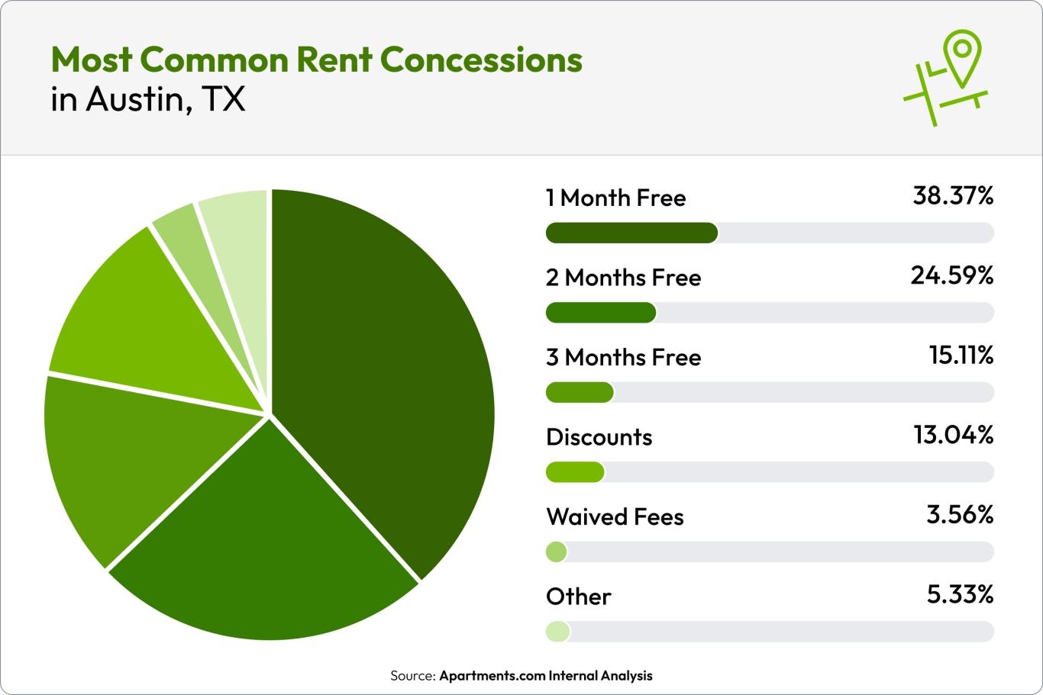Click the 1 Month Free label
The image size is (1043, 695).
pyautogui.click(x=615, y=198)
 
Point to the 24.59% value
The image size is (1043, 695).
pyautogui.click(x=951, y=275)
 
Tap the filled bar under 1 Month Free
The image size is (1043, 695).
pyautogui.click(x=631, y=233)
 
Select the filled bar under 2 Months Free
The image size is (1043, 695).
pyautogui.click(x=601, y=313)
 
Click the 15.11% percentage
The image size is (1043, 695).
pyautogui.click(x=961, y=355)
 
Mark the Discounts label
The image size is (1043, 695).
pyautogui.click(x=599, y=437)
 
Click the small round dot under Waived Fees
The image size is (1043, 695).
pyautogui.click(x=557, y=552)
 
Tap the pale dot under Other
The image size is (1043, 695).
pyautogui.click(x=557, y=632)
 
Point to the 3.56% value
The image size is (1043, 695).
pyautogui.click(x=960, y=515)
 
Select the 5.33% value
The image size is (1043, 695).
pyautogui.click(x=960, y=594)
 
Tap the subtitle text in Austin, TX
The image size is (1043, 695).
pyautogui.click(x=148, y=100)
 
